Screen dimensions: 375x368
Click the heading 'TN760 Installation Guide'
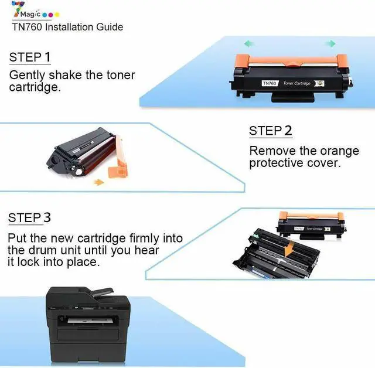coord(67,27)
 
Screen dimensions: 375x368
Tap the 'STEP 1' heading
coord(30,57)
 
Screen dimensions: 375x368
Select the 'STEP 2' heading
coord(270,131)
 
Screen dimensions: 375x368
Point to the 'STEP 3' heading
coord(30,218)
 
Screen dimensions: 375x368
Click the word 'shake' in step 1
coord(64,75)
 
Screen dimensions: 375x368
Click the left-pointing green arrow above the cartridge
coord(249,43)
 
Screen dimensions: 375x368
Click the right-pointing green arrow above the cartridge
coord(330,43)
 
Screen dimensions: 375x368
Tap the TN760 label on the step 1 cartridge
coord(270,84)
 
